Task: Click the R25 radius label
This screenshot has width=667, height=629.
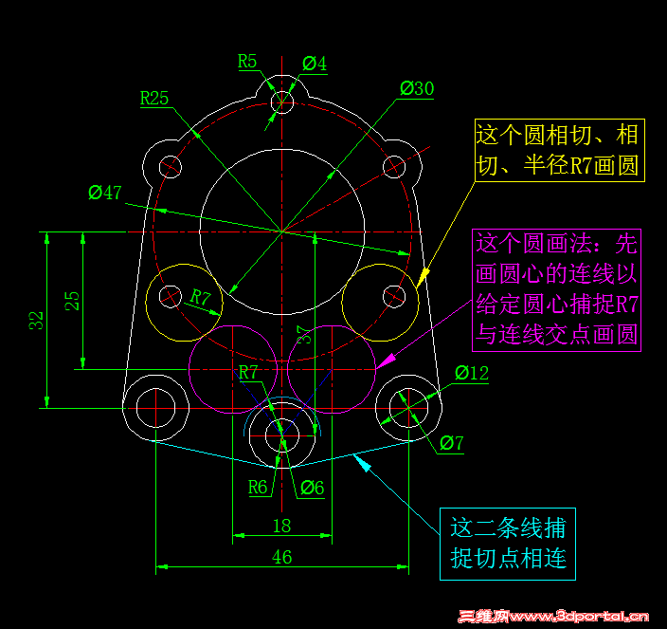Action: (x=154, y=99)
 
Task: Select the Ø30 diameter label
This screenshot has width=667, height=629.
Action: (x=417, y=88)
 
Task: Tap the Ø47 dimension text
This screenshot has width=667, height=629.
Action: (x=105, y=193)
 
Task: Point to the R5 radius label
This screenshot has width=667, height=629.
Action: (x=247, y=62)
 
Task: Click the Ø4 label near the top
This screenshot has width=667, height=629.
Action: (x=315, y=64)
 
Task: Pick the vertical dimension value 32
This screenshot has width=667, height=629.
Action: (x=37, y=321)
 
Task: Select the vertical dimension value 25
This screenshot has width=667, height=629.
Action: (x=72, y=301)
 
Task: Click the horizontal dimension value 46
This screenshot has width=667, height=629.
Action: (x=282, y=557)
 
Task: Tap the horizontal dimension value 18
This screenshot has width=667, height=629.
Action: (x=282, y=526)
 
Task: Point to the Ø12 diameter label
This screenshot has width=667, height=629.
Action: (x=472, y=373)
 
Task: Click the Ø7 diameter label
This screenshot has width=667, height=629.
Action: (x=451, y=443)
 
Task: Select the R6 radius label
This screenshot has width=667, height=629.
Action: (x=258, y=488)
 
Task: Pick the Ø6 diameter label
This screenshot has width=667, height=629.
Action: (x=313, y=488)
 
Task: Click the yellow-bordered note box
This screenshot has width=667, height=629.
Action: (x=560, y=150)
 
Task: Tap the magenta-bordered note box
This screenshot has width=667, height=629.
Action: (x=556, y=290)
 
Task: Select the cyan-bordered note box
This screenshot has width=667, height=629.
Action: (x=508, y=544)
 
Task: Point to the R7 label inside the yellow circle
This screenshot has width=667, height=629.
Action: (x=200, y=297)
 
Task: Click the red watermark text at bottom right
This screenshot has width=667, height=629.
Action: (x=553, y=617)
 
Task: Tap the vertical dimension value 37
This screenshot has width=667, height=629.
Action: (x=304, y=335)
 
